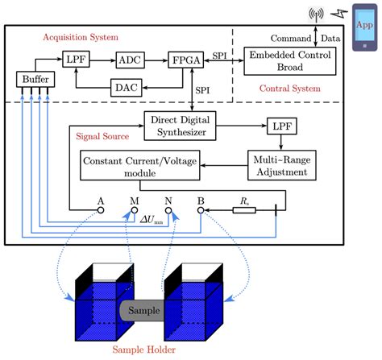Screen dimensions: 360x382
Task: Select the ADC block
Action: pyautogui.click(x=130, y=60)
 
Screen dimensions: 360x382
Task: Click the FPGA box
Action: pyautogui.click(x=184, y=60)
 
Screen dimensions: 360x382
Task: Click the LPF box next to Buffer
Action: pyautogui.click(x=75, y=59)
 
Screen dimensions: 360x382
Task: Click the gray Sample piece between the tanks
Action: pyautogui.click(x=141, y=310)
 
